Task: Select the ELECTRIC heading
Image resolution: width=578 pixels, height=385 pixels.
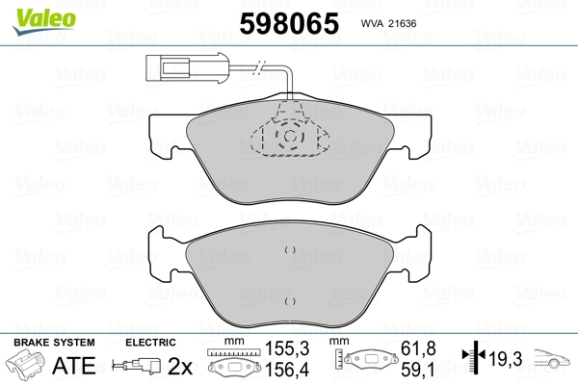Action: click(150, 342)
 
